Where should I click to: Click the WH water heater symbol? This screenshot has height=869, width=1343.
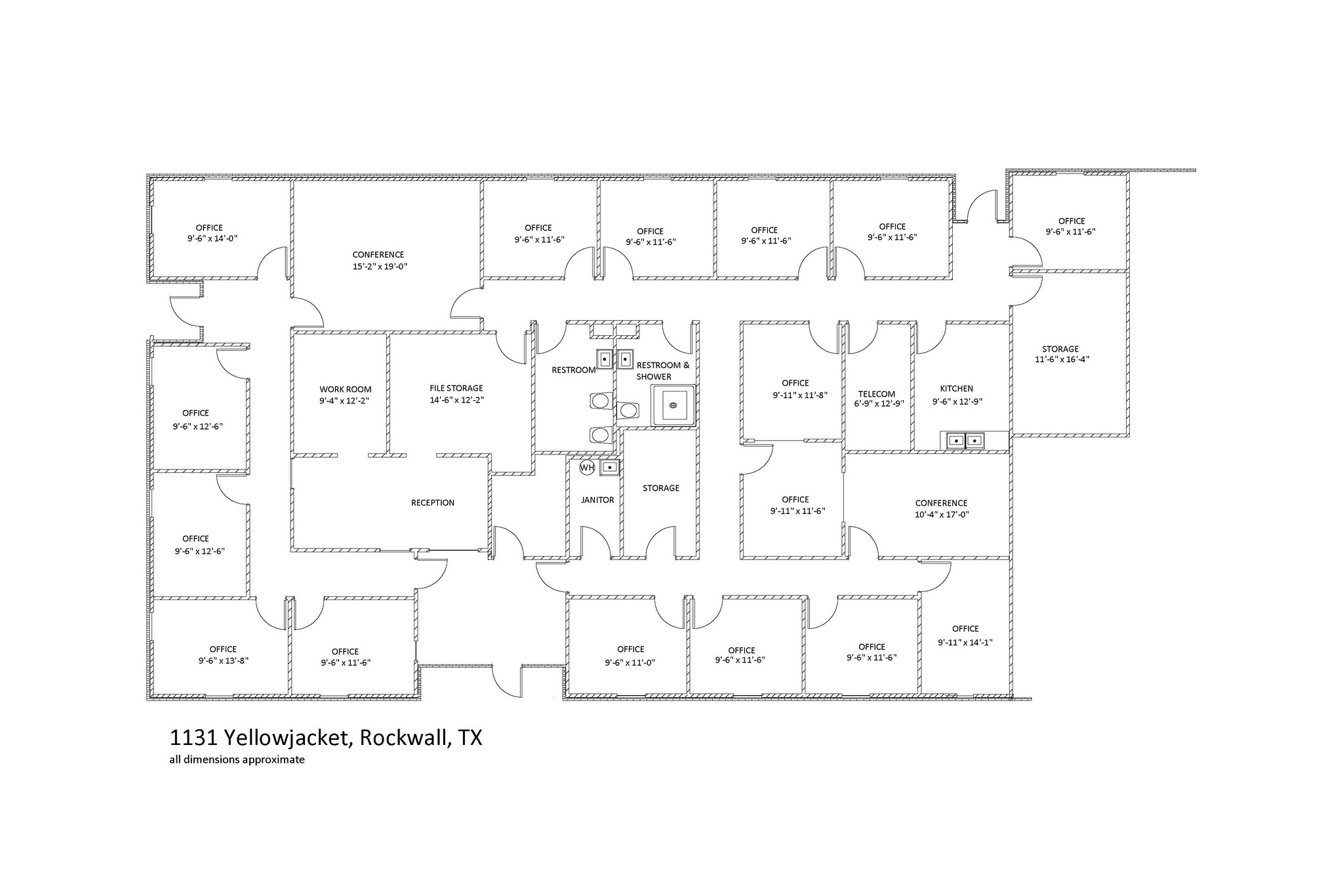[x=586, y=468]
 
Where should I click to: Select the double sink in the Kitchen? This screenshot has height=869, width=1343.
[x=965, y=441]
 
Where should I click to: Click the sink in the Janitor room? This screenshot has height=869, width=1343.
[x=610, y=468]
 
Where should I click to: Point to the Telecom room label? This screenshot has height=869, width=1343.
[x=876, y=394]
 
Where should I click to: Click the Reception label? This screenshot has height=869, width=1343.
[x=433, y=503]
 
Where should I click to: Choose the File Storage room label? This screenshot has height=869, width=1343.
[x=456, y=388]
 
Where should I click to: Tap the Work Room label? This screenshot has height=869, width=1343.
[x=346, y=390]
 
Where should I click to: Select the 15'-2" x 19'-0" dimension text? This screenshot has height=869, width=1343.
[x=380, y=267]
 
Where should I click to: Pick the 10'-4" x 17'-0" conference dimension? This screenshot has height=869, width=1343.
[x=942, y=515]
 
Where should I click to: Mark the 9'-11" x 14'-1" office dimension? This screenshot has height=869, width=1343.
[x=965, y=643]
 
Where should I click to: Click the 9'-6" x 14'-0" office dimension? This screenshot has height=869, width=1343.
[x=212, y=239]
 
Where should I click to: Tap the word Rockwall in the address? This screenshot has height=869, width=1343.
[x=405, y=738]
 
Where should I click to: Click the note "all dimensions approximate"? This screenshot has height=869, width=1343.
[x=237, y=761]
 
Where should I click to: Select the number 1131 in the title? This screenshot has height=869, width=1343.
[x=193, y=738]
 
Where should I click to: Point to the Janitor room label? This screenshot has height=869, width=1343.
[x=597, y=500]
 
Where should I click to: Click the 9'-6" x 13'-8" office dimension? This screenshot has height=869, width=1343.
[x=224, y=661]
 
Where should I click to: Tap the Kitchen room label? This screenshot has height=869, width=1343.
[x=956, y=389]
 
